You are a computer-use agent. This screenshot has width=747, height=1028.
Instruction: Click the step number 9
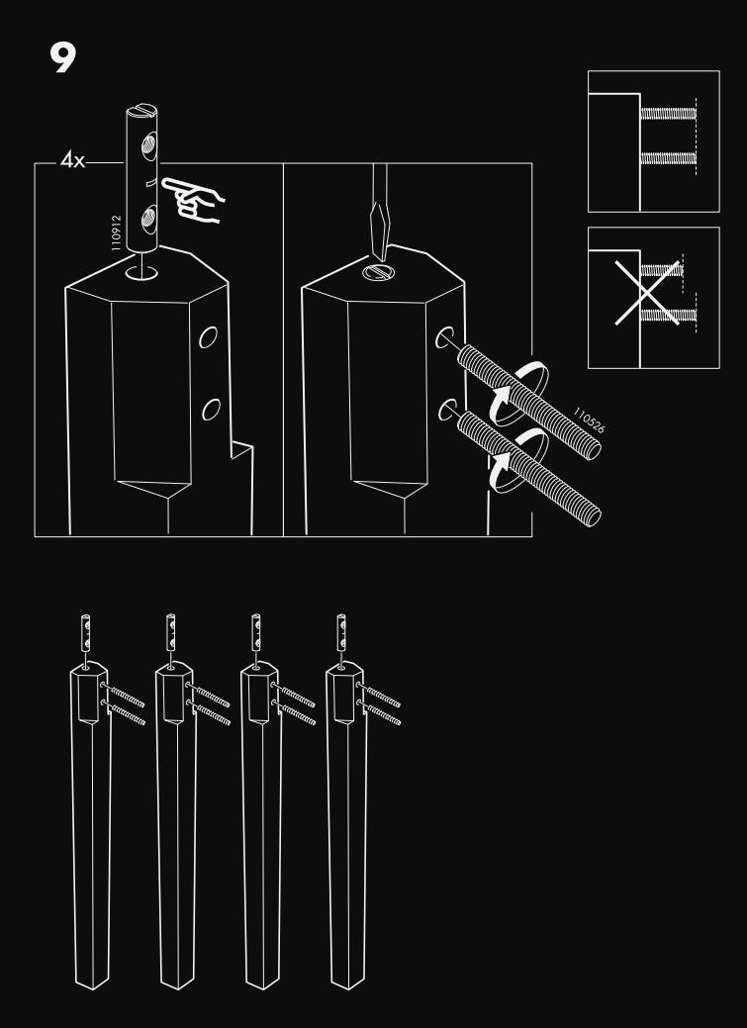click(x=61, y=58)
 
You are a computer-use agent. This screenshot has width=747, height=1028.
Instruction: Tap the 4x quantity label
click(x=72, y=160)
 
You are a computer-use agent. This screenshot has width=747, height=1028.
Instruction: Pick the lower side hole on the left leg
click(x=210, y=409)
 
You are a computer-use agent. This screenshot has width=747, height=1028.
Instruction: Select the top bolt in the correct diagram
click(x=669, y=113)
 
